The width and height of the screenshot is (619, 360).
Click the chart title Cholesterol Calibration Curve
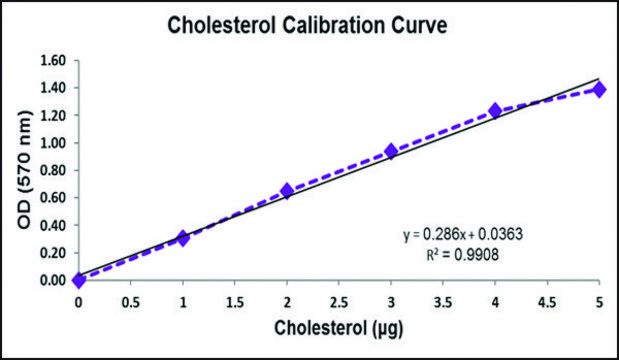[x=308, y=25]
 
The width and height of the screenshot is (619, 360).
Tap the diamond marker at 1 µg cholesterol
[x=182, y=238]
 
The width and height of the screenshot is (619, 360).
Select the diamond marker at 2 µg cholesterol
[x=287, y=191]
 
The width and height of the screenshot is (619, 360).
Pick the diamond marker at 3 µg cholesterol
[x=391, y=151]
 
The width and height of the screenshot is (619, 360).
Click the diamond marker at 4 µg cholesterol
[x=495, y=111]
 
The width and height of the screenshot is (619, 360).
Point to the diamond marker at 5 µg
[x=599, y=90]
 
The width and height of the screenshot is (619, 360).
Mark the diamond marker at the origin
[x=79, y=280]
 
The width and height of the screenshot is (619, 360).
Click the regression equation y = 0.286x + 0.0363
[x=463, y=235]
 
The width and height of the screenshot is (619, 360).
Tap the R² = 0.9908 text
[x=463, y=255]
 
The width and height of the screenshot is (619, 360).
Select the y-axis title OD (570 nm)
[x=24, y=170]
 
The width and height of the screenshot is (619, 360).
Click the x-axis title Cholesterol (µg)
[x=339, y=328]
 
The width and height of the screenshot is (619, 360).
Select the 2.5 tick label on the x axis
[x=339, y=303]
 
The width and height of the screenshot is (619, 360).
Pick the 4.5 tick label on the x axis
[x=547, y=303]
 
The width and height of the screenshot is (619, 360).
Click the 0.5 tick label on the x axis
[x=131, y=303]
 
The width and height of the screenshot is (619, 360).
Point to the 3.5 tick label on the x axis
[x=443, y=303]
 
